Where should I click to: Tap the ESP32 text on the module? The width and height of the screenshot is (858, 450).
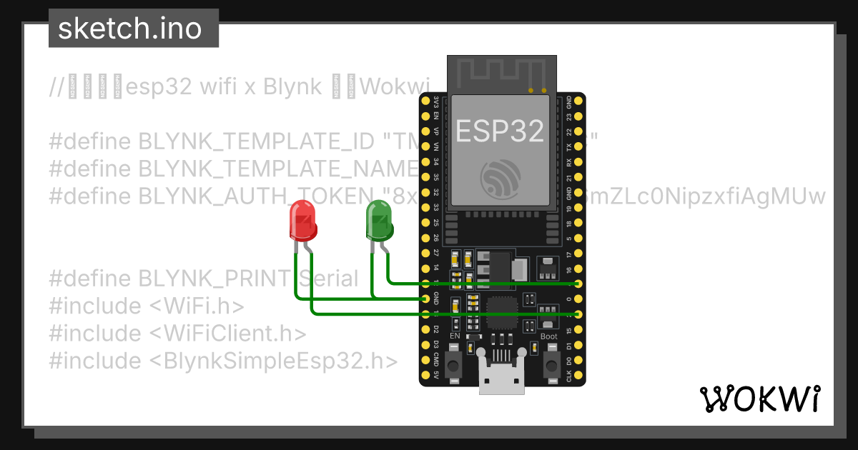(x=500, y=131)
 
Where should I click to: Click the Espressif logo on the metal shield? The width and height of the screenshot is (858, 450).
(x=500, y=179)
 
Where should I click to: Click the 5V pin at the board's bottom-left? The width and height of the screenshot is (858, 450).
(x=426, y=375)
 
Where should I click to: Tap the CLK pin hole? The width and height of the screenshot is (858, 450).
(x=578, y=375)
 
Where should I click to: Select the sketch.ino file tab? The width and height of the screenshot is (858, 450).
(x=129, y=29)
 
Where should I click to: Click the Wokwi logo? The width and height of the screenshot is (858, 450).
(x=759, y=399)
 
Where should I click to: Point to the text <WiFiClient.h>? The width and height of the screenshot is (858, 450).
(x=228, y=334)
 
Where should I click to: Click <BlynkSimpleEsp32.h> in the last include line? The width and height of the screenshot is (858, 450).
(x=273, y=361)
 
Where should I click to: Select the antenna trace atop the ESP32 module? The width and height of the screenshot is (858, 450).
(x=500, y=71)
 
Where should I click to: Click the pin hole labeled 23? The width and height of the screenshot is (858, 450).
(x=578, y=116)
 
